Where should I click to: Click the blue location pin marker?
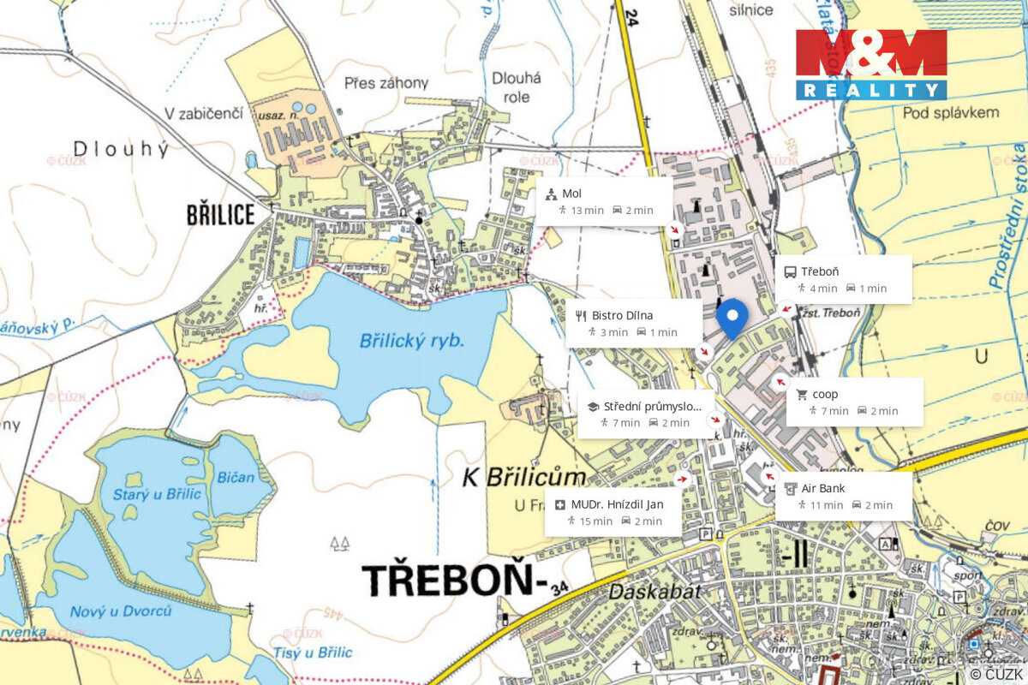(732, 317)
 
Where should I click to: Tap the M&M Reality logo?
(871, 64)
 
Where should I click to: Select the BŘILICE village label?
(221, 214)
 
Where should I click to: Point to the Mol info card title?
(572, 194)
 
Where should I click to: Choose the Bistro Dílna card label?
(622, 315)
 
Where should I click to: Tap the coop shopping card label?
(825, 394)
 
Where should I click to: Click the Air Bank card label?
(823, 488)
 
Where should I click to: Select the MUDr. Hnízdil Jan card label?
(617, 503)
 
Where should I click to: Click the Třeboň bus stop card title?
(820, 271)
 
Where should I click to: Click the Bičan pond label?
(236, 477)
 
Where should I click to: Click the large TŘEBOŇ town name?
(454, 580)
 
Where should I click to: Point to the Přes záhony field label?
(386, 83)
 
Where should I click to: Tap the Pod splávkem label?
(951, 112)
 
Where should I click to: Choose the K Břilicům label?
(524, 477)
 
